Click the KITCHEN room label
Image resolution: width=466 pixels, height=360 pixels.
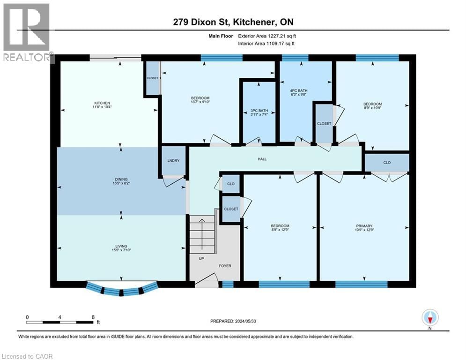pyautogui.click(x=102, y=103)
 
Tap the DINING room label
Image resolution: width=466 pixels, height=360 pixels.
pyautogui.click(x=121, y=179)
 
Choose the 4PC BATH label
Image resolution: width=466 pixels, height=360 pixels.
pyautogui.click(x=298, y=90)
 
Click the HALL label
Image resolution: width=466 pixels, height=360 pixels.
pyautogui.click(x=262, y=159)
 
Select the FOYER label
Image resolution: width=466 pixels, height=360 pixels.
pyautogui.click(x=225, y=266)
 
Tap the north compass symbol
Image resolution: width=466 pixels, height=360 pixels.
pyautogui.click(x=430, y=318)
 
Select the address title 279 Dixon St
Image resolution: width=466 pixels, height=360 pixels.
pyautogui.click(x=233, y=22)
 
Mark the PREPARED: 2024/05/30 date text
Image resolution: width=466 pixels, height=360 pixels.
pyautogui.click(x=234, y=321)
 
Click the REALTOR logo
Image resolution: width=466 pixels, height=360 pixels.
pyautogui.click(x=27, y=33)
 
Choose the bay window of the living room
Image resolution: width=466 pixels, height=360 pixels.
pyautogui.click(x=121, y=290)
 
